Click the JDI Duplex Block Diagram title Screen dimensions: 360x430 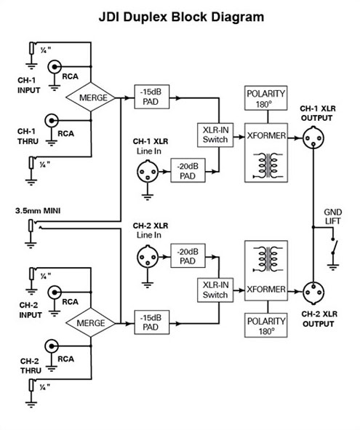181,17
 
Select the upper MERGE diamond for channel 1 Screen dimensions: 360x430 91,97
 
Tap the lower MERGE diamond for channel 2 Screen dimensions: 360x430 91,322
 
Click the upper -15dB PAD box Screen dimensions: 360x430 151,97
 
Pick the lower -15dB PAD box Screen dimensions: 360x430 151,322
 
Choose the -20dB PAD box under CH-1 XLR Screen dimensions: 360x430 188,170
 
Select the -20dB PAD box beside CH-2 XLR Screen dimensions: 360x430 188,255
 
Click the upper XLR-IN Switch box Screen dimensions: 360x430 215,135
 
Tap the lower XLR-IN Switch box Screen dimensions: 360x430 215,290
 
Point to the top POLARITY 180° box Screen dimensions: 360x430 266,98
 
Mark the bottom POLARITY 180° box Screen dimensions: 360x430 266,325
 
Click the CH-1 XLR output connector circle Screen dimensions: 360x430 313,138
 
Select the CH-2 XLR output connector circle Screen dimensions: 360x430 313,292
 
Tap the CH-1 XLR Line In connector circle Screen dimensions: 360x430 148,172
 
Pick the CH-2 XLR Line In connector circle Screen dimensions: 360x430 148,257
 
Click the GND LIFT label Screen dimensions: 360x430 333,216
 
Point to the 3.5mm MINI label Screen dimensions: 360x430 38,211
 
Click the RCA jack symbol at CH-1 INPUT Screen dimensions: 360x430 55,67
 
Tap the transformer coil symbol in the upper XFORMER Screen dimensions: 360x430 268,166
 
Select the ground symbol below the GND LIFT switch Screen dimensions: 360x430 333,267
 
